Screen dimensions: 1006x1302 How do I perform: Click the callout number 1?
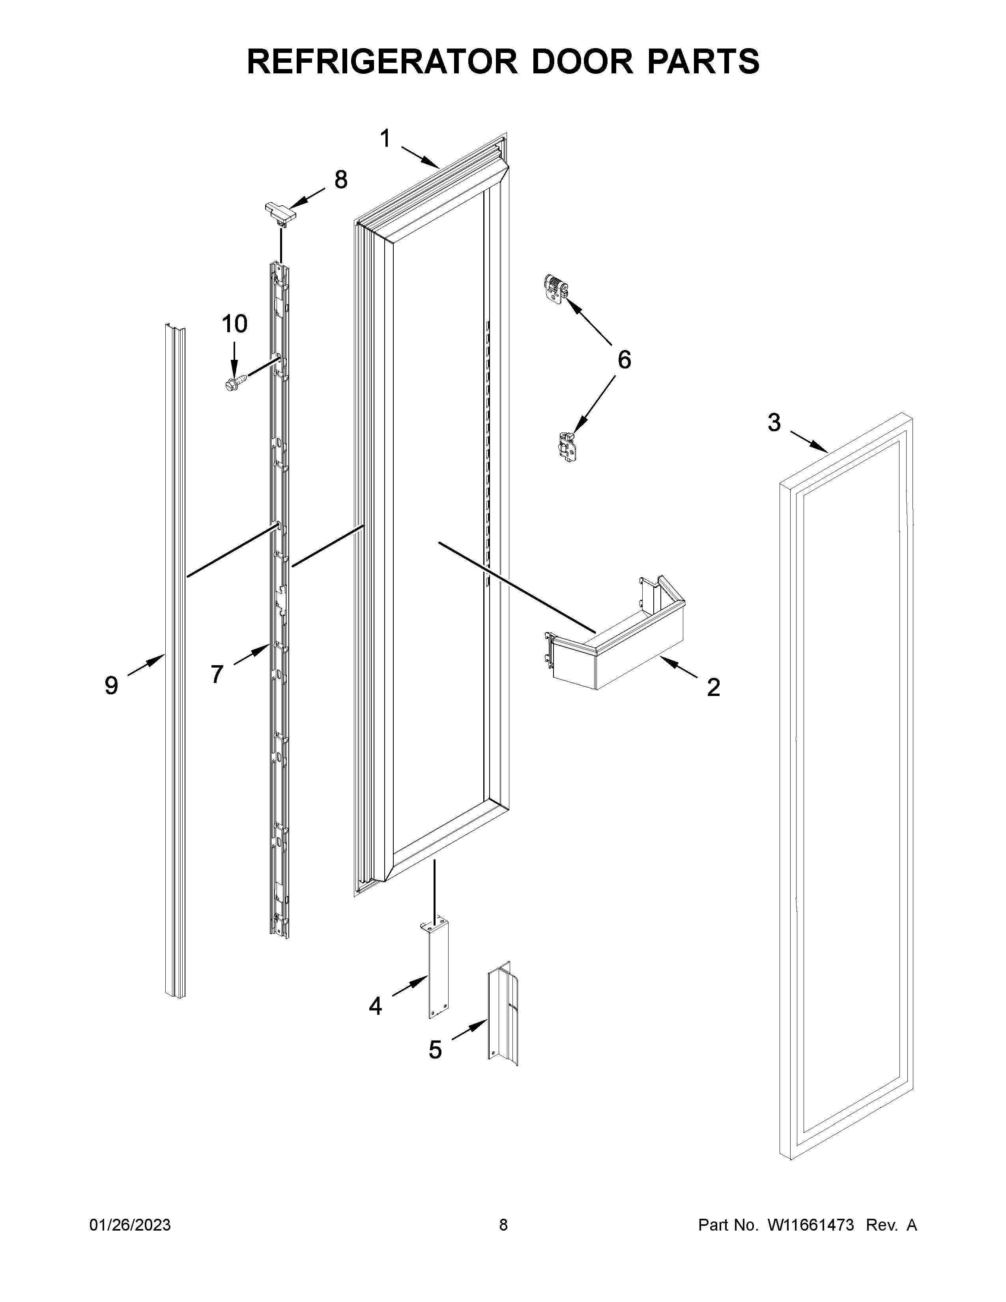click(x=385, y=139)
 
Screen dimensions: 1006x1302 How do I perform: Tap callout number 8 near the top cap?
click(x=340, y=180)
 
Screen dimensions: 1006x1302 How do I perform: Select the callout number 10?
click(x=234, y=324)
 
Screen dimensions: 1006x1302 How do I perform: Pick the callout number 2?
click(x=713, y=687)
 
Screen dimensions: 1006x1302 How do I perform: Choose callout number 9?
click(x=111, y=686)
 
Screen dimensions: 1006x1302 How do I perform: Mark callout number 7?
click(x=217, y=674)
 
